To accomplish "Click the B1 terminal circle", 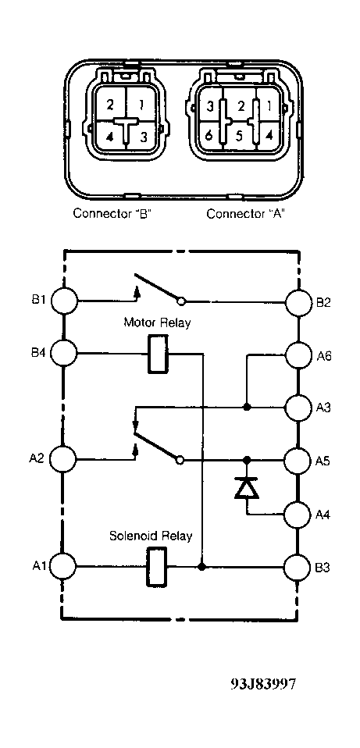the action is (x=64, y=301).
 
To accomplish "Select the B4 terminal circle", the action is (x=63, y=353).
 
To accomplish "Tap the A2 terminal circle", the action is (x=63, y=459).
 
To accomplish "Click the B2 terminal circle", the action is (x=298, y=302).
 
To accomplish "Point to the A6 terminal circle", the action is (x=298, y=355).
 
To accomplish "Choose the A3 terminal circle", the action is (x=298, y=408).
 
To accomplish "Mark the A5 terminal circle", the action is (x=298, y=461).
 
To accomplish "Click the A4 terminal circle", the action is (x=298, y=515).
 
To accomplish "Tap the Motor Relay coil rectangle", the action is (x=158, y=354).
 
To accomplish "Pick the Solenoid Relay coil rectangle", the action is (x=156, y=567).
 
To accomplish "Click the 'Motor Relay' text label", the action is (x=157, y=322).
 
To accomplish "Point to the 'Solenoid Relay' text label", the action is (x=151, y=536).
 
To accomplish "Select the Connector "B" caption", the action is (x=112, y=213).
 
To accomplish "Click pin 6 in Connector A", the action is (x=209, y=136).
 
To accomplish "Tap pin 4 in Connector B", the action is (x=110, y=137).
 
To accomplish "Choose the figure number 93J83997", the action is (x=263, y=684).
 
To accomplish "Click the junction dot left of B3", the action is (x=202, y=567).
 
